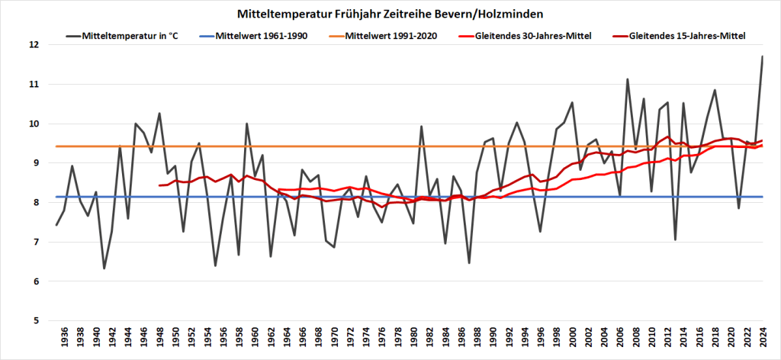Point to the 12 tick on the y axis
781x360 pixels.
[x=34, y=45]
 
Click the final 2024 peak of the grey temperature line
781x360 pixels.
[x=762, y=56]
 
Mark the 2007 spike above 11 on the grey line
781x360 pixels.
[x=628, y=79]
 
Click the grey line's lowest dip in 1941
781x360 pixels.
[x=104, y=268]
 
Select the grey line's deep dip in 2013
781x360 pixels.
[x=675, y=239]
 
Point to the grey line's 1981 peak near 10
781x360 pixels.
[x=422, y=126]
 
